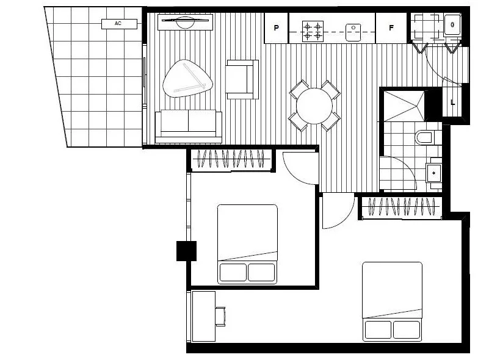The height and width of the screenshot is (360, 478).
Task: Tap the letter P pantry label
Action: point(276,28)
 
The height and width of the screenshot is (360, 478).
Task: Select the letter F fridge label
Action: point(391,28)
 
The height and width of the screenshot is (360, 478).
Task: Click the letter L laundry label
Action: point(452,103)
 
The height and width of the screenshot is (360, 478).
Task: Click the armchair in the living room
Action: point(242,79)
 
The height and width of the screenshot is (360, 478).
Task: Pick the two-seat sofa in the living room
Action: point(188,124)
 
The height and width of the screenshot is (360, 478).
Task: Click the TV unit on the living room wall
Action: point(184,23)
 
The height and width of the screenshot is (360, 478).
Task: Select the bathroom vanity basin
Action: point(434,173)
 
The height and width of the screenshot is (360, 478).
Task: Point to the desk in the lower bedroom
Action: point(204,316)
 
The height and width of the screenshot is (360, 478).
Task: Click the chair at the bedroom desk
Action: point(220,316)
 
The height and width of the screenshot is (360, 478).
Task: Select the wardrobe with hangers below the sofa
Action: point(231,160)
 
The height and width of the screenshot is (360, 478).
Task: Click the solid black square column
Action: point(186,251)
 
